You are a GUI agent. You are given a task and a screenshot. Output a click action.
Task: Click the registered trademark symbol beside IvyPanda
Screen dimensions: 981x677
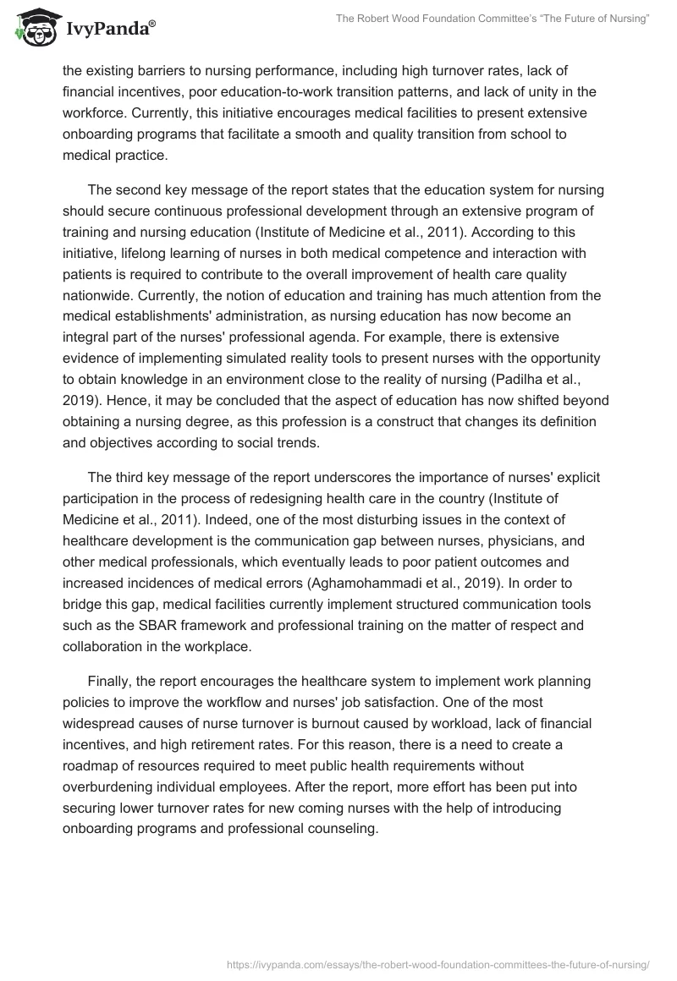[x=152, y=22]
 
